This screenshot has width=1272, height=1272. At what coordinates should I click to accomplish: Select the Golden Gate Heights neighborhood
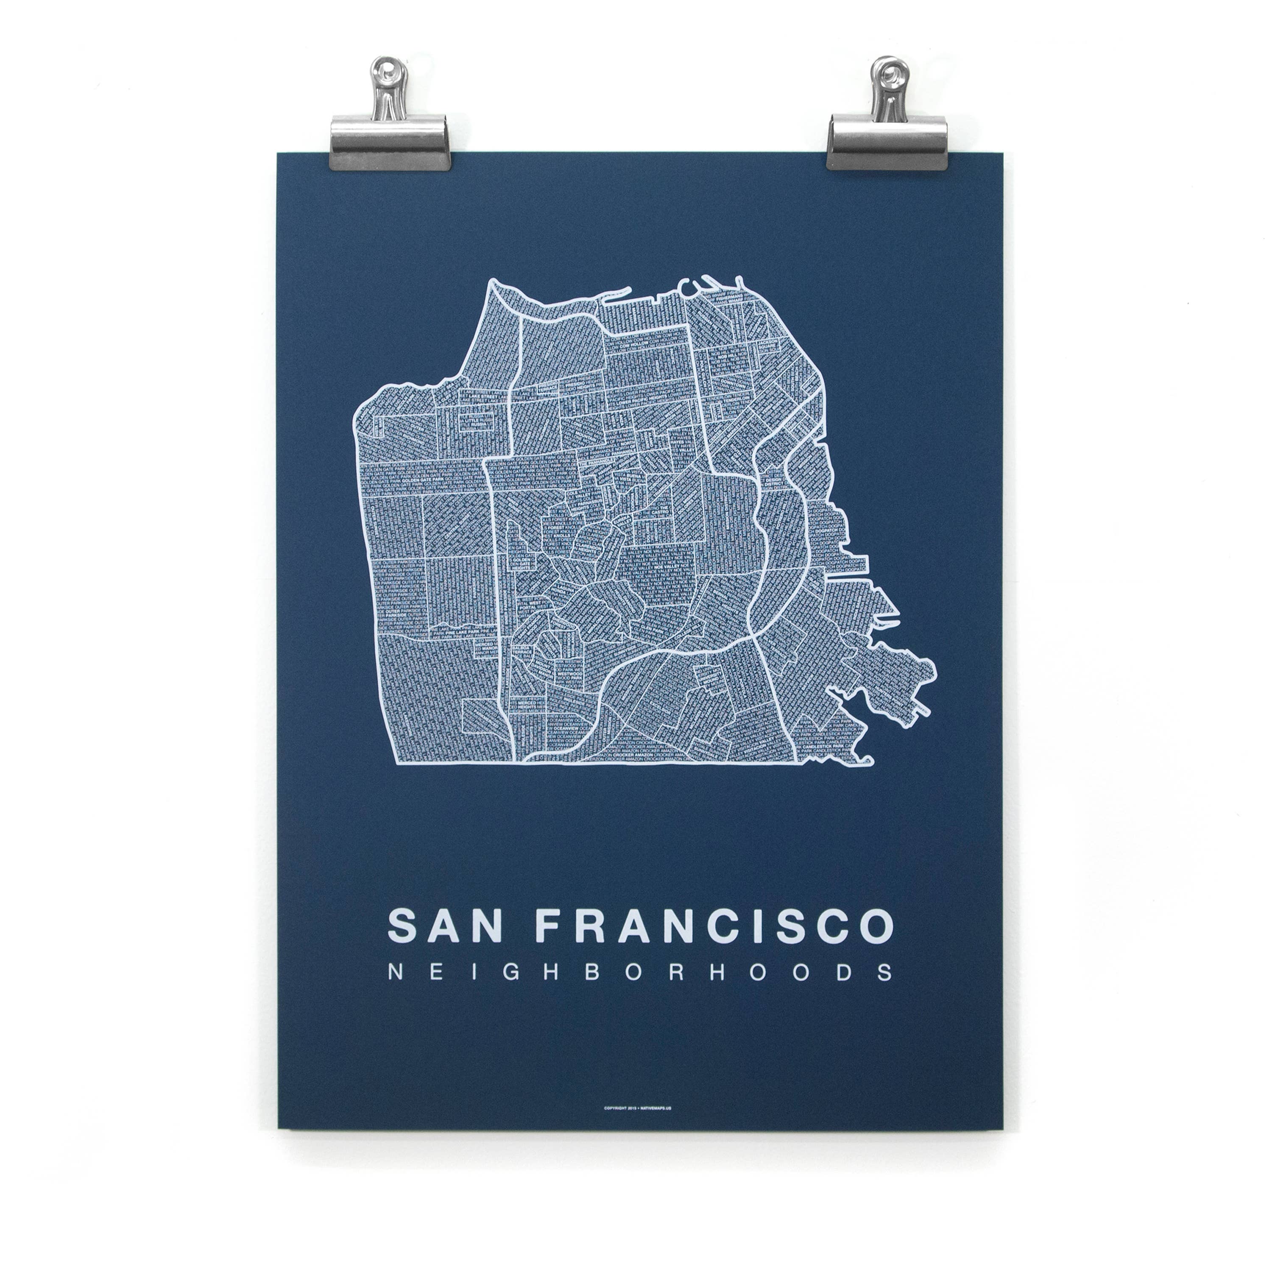[523, 565]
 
